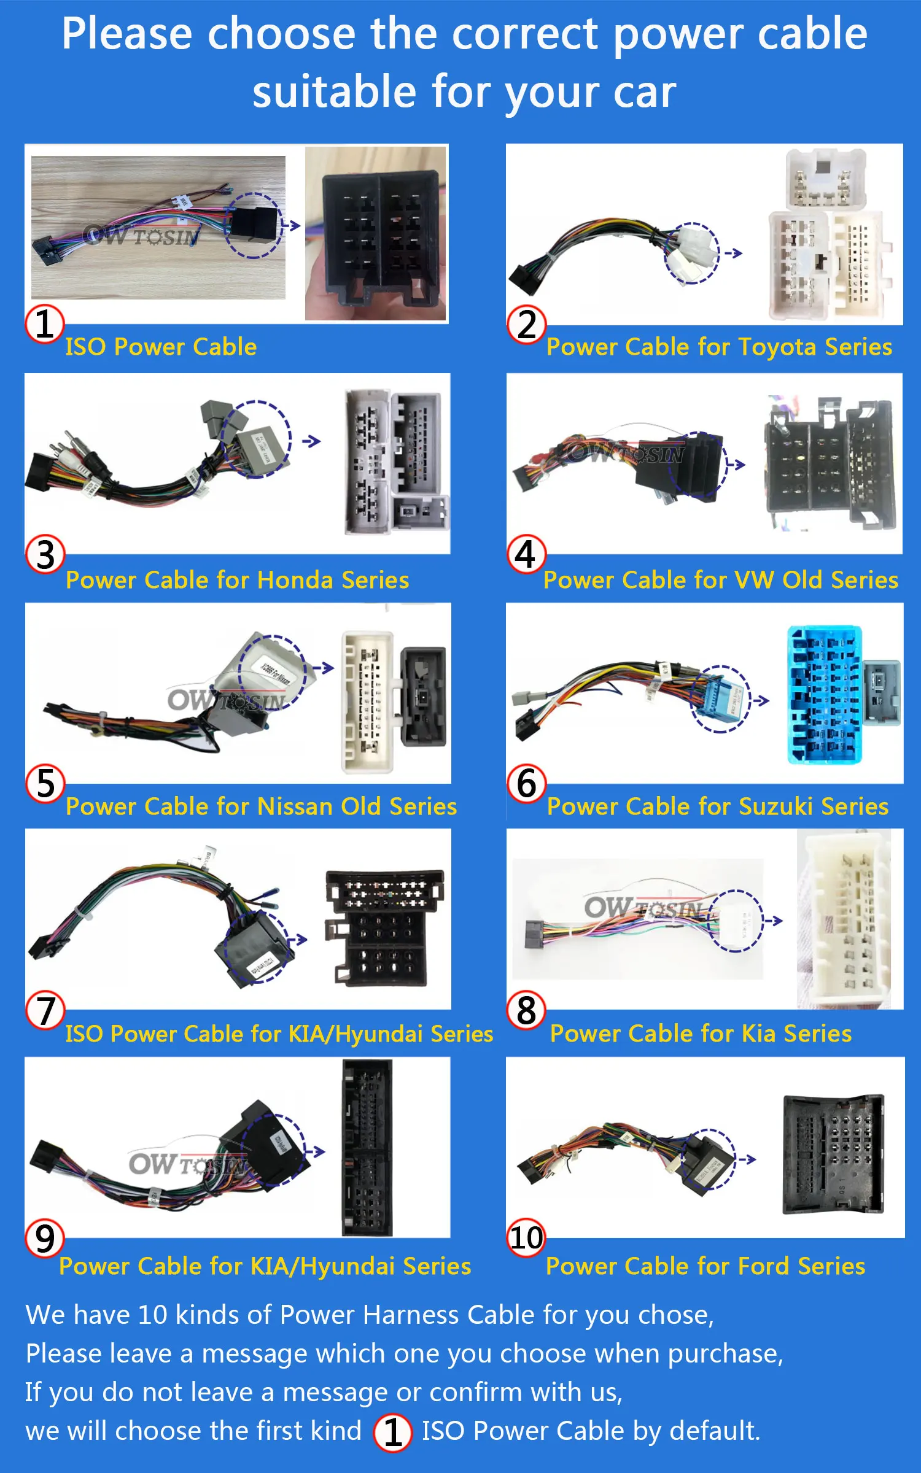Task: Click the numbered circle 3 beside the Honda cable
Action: [45, 554]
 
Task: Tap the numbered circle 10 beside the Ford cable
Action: [526, 1237]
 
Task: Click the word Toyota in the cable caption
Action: [777, 347]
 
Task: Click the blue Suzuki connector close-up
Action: [825, 695]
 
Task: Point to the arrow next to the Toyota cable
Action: [733, 253]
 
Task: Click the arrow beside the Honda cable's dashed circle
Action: [311, 441]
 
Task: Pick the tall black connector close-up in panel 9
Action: [367, 1148]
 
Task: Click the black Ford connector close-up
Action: [833, 1154]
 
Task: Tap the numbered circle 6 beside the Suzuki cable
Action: [526, 784]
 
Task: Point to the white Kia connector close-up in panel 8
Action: [844, 919]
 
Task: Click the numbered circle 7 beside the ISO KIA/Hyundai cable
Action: [45, 1010]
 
